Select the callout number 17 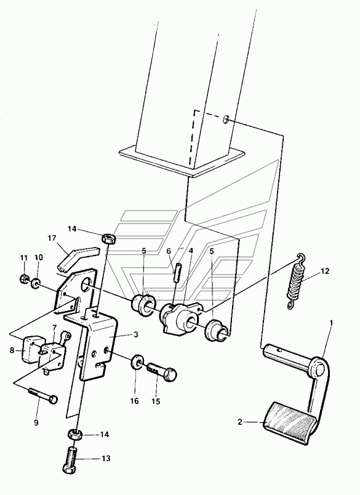(52, 238)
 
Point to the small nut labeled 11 (23, 278)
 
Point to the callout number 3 (135, 334)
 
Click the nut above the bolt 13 (75, 435)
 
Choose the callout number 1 (331, 323)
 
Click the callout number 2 (240, 422)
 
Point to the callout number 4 (191, 251)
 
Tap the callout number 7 (55, 326)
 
